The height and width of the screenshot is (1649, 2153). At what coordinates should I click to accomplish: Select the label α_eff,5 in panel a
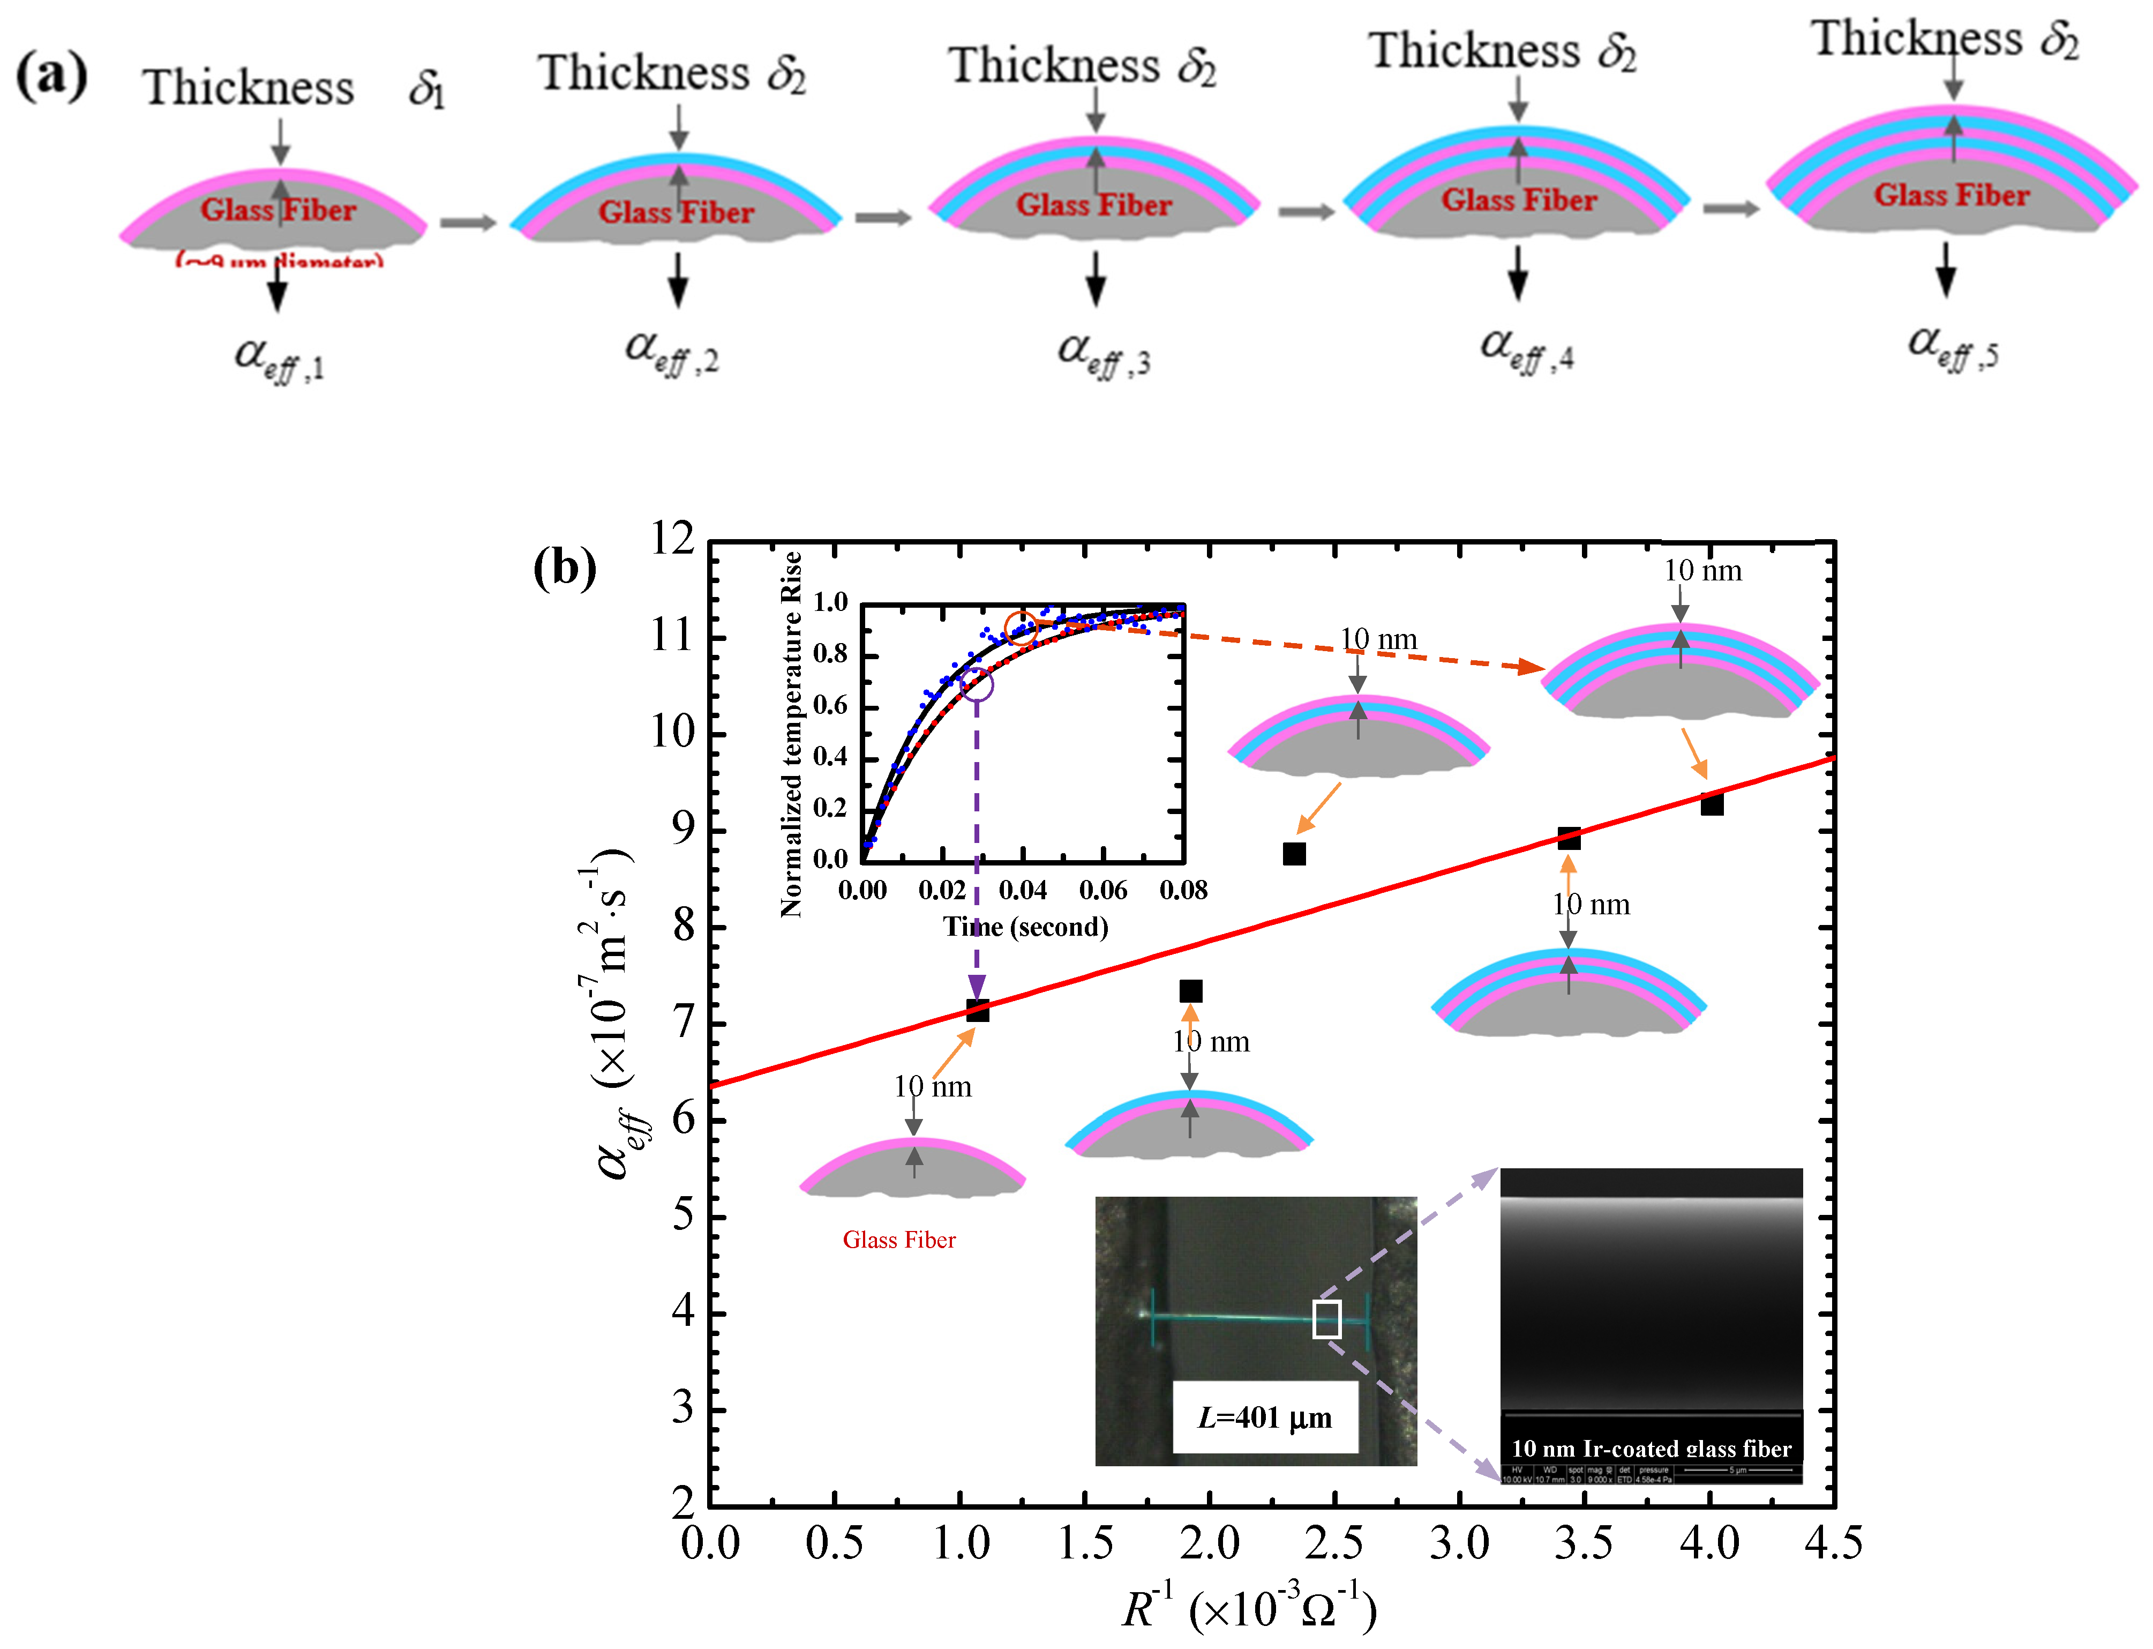coord(1952,347)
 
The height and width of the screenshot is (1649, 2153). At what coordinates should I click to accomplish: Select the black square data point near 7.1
coord(977,1010)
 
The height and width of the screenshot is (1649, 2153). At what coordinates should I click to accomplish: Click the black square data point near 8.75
coord(1294,854)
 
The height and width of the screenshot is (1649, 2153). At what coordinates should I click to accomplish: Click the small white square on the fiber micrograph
coord(1327,1319)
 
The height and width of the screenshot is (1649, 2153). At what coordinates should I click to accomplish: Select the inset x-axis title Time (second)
coord(1025,927)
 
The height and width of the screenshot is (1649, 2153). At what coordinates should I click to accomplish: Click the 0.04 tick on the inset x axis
coord(1023,890)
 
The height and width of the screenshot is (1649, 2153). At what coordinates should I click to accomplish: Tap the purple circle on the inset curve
coord(977,684)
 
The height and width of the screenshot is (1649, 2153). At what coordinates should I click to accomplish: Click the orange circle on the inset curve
coord(1022,628)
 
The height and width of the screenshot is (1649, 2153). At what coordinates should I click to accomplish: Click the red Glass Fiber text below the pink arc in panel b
coord(899,1240)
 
